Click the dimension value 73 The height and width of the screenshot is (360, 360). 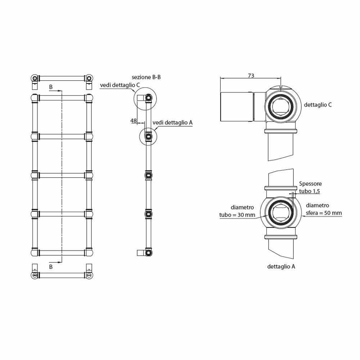251,76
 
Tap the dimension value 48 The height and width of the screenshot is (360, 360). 134,121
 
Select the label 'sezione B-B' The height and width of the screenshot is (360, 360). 146,77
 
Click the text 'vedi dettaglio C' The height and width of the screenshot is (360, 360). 120,85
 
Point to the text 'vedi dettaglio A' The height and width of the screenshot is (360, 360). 172,123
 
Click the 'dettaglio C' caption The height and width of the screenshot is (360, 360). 318,105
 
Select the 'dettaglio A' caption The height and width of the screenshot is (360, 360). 281,266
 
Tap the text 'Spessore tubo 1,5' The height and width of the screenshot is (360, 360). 310,187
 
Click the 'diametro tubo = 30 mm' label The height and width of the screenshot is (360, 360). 237,211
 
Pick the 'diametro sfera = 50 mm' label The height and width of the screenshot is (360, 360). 324,209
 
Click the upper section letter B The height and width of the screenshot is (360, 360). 51,87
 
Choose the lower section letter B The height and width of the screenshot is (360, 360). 51,267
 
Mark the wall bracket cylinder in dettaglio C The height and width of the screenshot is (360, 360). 237,107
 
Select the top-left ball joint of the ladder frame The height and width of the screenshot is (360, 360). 35,98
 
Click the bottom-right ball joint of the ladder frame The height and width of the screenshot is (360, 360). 89,253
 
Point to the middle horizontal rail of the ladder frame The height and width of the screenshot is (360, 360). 62,175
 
